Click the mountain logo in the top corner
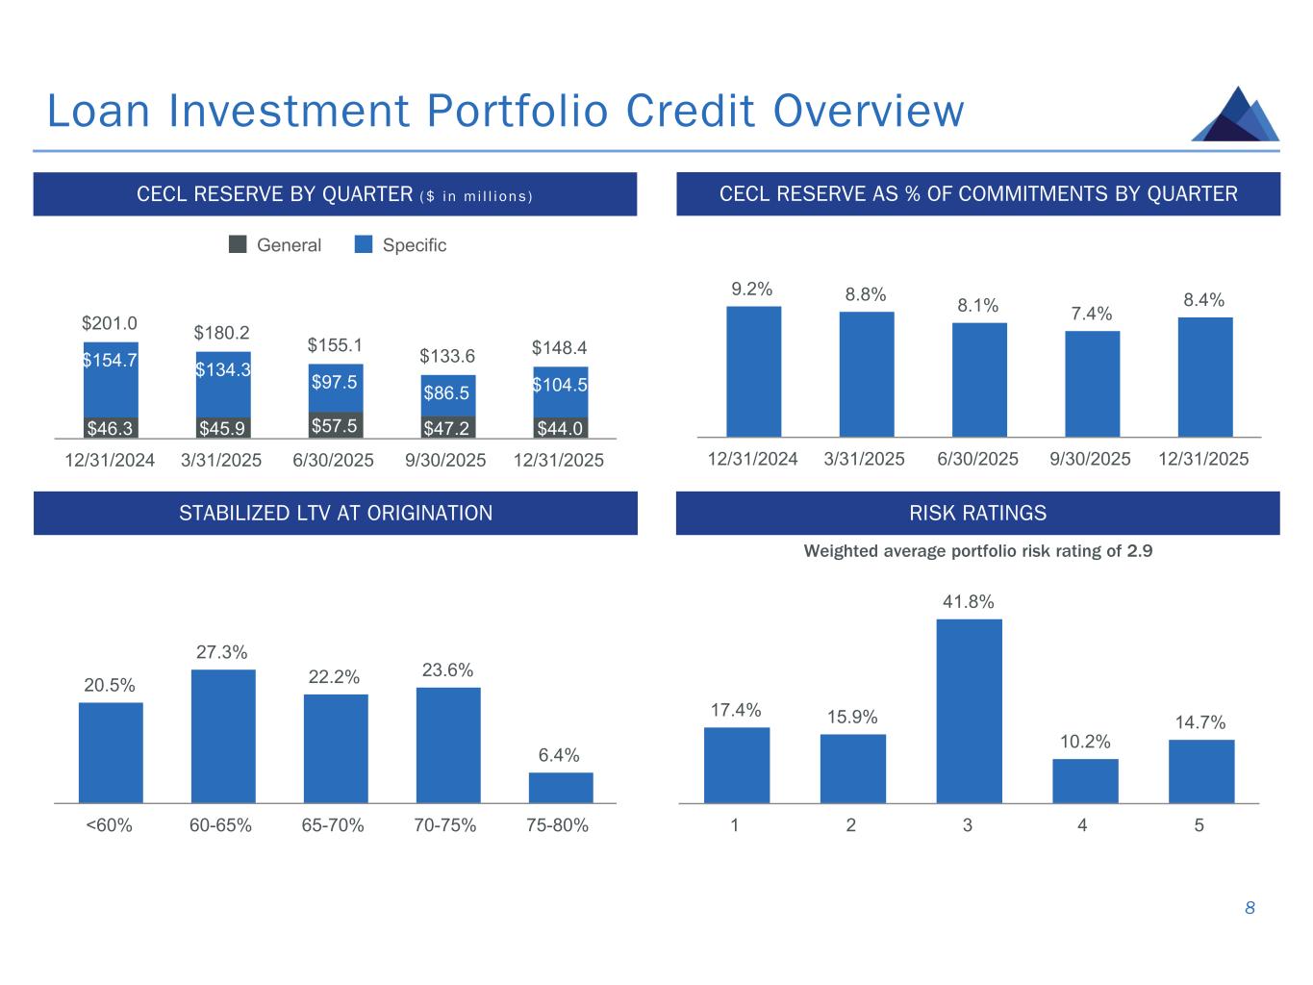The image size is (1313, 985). [1235, 114]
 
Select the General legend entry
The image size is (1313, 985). [276, 245]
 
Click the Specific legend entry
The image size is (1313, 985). [401, 245]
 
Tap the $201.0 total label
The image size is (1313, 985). [110, 323]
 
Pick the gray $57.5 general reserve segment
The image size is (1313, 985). [335, 425]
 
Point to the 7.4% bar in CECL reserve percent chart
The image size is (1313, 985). [1092, 384]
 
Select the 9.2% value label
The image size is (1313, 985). [752, 289]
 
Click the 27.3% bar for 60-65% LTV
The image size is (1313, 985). [223, 736]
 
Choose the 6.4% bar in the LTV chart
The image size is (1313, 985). [561, 787]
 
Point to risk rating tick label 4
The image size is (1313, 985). [1083, 825]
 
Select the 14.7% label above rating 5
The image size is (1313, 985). [1199, 722]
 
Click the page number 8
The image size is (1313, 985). [1250, 908]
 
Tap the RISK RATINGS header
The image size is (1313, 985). [977, 514]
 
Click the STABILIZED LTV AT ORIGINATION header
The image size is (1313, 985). [336, 514]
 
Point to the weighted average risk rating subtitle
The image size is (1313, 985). [977, 551]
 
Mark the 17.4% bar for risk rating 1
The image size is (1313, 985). [737, 765]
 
